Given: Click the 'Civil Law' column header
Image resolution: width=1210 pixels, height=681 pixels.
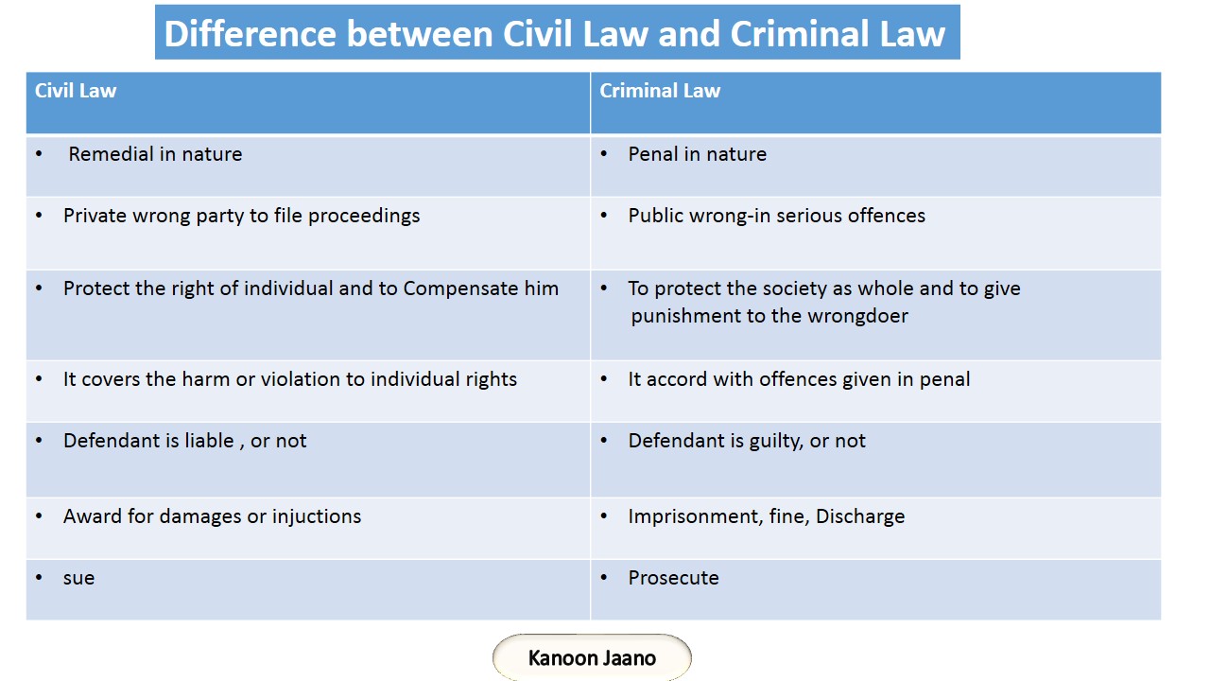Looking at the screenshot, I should [76, 92].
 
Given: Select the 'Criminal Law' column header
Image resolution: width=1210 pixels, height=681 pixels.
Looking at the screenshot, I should [660, 92].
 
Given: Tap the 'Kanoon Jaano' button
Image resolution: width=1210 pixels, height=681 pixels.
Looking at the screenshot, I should [592, 658].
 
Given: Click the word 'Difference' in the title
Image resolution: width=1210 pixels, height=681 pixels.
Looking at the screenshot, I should [248, 34].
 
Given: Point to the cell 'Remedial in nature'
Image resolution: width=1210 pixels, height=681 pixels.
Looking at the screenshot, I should [155, 154].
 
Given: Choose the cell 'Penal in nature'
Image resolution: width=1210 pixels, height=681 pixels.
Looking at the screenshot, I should [697, 154].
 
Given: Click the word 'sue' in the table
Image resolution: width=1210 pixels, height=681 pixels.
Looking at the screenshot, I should [78, 578].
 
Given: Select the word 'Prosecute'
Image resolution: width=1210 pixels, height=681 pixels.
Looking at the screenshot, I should [673, 578].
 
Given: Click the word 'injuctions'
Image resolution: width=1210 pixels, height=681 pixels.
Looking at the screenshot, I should [317, 516].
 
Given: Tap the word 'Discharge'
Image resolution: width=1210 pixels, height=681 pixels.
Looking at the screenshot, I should [860, 517].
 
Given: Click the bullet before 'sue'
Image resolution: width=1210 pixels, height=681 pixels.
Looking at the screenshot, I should [39, 578].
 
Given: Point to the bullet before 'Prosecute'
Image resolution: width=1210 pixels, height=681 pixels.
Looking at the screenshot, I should [604, 578].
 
